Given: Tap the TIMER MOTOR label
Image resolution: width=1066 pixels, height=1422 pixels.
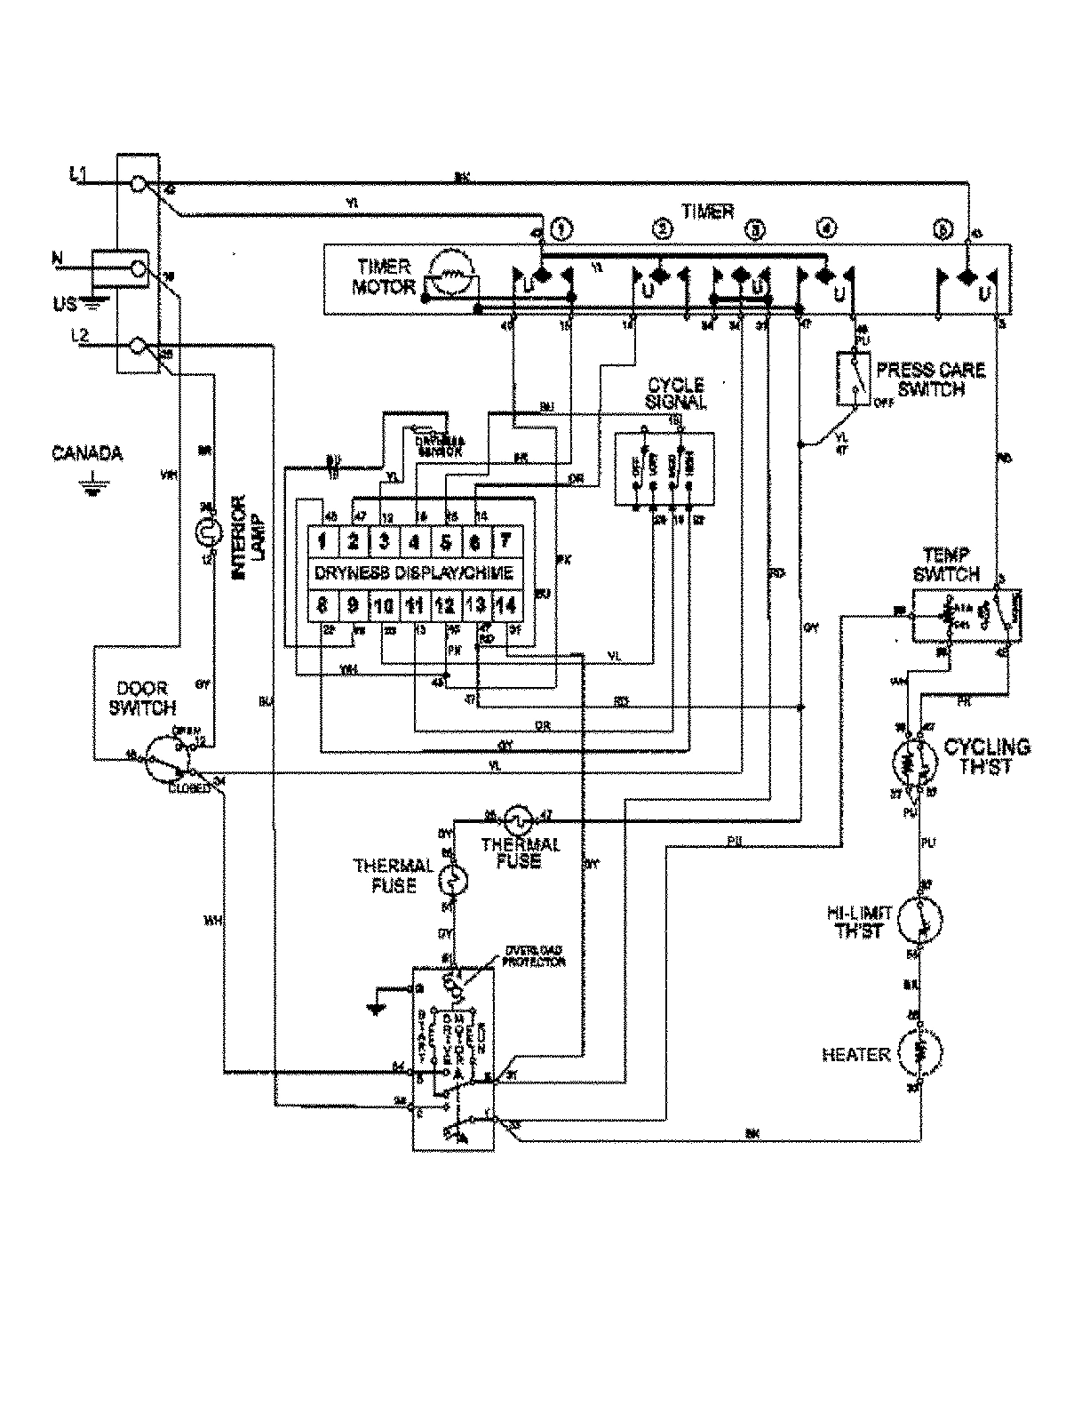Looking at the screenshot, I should click(x=385, y=276).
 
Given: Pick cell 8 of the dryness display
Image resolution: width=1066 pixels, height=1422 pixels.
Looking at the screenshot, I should click(x=323, y=607).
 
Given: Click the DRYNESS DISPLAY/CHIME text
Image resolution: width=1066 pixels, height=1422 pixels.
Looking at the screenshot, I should click(x=414, y=573).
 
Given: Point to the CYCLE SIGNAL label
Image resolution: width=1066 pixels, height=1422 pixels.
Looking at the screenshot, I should click(x=677, y=393).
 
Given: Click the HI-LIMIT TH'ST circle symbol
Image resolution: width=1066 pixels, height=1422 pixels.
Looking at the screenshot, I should click(x=920, y=918).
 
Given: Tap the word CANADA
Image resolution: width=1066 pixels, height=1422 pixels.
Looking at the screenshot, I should click(x=86, y=454).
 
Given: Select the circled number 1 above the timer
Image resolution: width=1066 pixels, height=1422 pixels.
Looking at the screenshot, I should click(x=561, y=228).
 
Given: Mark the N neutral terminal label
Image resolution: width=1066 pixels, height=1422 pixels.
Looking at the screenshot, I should click(x=58, y=259).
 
